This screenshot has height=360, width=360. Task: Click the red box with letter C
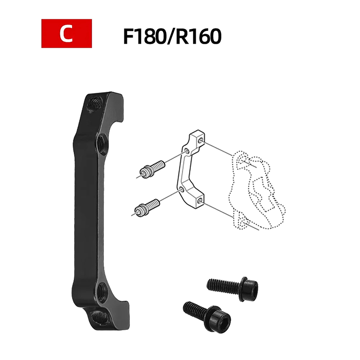coord(67,33)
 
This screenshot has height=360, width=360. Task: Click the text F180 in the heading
coord(144,36)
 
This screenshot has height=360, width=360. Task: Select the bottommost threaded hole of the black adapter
coord(99,317)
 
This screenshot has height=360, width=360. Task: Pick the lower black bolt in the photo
coord(207,317)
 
